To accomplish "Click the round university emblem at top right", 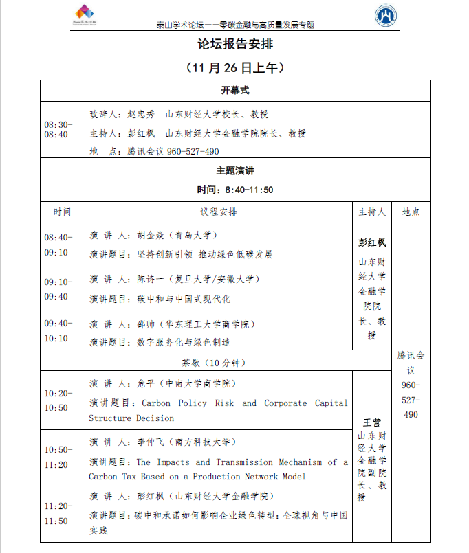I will (386, 15).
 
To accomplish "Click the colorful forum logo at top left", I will (85, 14).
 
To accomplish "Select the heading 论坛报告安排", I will (235, 45).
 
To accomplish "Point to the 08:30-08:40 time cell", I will (57, 129).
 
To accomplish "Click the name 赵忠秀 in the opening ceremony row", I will (141, 115).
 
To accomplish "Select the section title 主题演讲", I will (235, 171).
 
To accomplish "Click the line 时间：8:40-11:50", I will (235, 190).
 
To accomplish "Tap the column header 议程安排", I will (219, 212).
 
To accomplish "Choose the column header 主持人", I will (372, 212).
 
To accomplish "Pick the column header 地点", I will (411, 212).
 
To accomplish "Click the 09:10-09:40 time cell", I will (57, 289).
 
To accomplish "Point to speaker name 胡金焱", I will (150, 236).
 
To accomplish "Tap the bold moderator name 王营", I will (372, 422).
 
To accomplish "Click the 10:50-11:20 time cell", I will (57, 457).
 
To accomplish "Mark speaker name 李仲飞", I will (150, 442).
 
